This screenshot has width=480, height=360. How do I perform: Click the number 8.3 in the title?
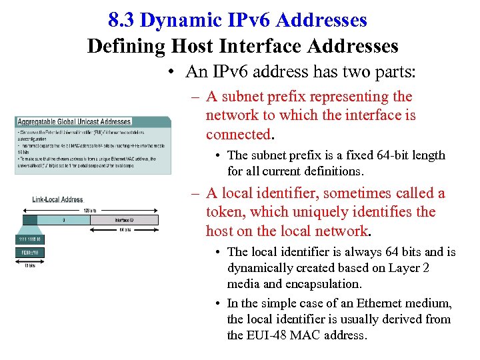(121, 21)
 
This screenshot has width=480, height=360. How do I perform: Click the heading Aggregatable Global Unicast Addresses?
(74, 121)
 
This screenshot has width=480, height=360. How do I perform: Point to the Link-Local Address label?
(57, 199)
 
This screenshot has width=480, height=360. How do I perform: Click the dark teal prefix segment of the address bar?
(29, 219)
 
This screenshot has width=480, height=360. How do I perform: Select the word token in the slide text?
(225, 212)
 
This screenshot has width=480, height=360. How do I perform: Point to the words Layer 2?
(425, 268)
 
